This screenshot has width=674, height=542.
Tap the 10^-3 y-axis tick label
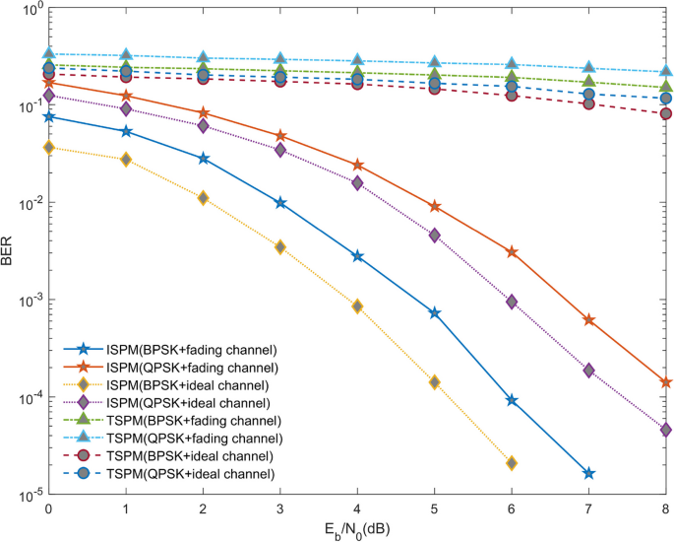[x=25, y=301]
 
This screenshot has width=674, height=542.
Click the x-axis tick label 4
[x=357, y=510]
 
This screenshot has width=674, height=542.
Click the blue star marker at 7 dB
[x=588, y=474]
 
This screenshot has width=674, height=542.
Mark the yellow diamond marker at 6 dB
[x=512, y=463]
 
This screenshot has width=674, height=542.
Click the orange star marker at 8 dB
[x=665, y=382]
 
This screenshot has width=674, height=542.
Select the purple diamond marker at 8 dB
[x=665, y=430]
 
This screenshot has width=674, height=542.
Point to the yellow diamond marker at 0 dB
[x=48, y=148]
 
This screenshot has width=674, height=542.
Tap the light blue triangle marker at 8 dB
[x=665, y=72]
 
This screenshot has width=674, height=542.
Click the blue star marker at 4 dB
[x=357, y=256]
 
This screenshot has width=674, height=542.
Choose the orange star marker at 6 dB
[x=512, y=252]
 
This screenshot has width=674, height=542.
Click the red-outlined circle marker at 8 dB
[x=665, y=113]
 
